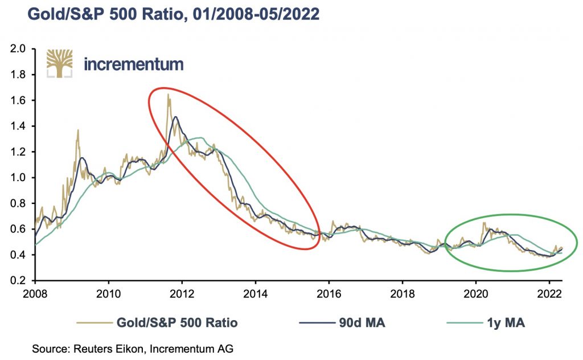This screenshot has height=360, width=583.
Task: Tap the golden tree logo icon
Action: pos(59,63)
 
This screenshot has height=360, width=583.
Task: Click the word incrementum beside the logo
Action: pos(133,63)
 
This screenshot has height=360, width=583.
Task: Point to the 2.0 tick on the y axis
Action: pos(19,49)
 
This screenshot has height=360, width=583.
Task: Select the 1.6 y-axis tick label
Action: pos(19,100)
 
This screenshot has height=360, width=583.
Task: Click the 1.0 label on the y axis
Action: pos(19,178)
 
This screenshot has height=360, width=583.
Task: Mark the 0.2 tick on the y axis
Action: pos(19,281)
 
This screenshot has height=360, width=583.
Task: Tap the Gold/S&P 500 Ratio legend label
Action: pos(165,323)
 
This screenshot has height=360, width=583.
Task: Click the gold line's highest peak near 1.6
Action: pos(168,95)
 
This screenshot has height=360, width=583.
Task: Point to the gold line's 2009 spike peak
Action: pos(77,130)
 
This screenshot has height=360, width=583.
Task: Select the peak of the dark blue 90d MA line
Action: pos(175,117)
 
